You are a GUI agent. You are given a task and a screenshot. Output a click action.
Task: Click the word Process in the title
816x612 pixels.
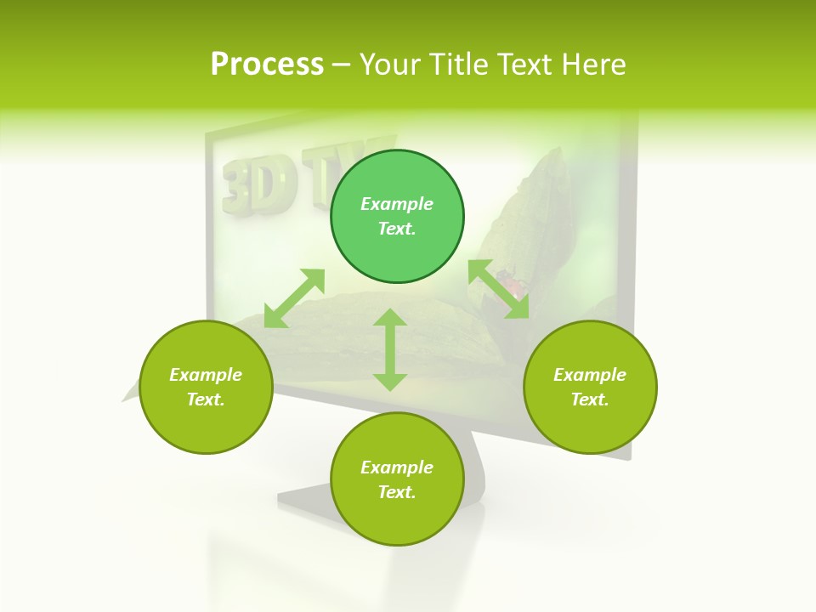tap(267, 65)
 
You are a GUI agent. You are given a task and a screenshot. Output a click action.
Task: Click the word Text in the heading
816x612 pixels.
tap(523, 65)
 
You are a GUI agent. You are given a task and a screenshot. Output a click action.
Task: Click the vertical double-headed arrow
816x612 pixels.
tap(390, 350)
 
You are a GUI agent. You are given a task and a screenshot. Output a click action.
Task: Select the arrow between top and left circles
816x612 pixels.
tap(294, 298)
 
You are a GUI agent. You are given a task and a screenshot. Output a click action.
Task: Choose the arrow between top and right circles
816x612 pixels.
tap(499, 289)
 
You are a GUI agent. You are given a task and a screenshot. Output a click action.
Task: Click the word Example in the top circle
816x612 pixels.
tap(397, 204)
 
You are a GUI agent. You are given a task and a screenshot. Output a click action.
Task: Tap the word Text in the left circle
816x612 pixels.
tap(206, 399)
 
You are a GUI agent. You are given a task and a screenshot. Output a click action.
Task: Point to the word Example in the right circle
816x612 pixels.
tap(590, 375)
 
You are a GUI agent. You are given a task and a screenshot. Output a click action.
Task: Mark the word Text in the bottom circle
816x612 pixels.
tap(397, 492)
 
